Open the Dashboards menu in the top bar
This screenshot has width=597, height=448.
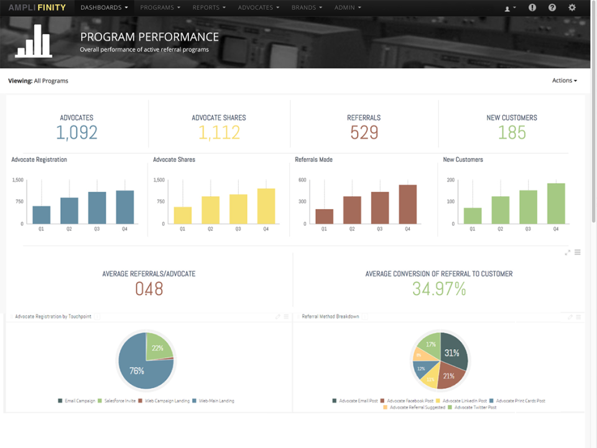104,7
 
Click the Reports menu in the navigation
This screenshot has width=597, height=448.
209,7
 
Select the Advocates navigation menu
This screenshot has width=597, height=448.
259,7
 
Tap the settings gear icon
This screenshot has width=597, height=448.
572,7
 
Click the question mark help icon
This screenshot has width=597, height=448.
552,7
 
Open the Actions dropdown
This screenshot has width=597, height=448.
564,80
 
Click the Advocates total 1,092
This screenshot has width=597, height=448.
76,133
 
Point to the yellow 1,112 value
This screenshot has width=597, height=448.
219,133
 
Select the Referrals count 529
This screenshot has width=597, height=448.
364,133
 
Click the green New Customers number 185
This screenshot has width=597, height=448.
512,133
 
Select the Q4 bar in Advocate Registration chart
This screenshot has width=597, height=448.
124,207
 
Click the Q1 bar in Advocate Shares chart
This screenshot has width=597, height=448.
182,215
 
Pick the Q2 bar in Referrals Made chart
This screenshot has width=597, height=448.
352,210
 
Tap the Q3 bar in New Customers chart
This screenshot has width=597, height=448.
528,207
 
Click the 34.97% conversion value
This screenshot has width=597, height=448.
439,289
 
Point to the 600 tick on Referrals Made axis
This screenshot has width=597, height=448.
302,180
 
